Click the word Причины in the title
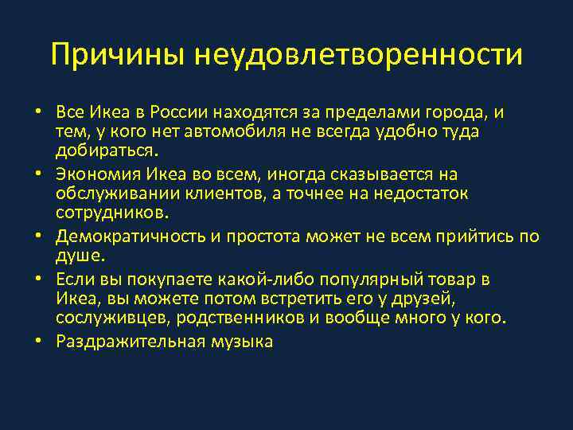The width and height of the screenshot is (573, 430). [x=118, y=55]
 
